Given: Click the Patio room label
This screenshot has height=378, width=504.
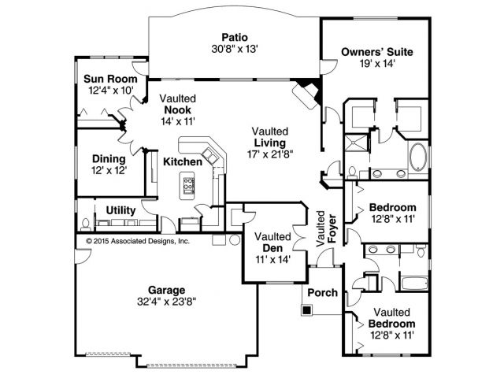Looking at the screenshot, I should (235, 36).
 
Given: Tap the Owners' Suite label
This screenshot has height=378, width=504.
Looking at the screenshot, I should (376, 53).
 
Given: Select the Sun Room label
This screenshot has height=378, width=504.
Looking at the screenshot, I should (111, 80).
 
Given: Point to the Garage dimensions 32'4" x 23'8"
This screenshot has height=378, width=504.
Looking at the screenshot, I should (165, 299).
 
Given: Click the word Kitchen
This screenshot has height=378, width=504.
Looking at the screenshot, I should (183, 162).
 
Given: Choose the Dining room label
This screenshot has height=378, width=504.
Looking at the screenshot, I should (109, 157).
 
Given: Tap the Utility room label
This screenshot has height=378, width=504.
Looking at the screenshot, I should (120, 211).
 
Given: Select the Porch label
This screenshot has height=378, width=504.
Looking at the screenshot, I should (323, 293).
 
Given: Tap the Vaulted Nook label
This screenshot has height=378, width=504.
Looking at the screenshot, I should (178, 109).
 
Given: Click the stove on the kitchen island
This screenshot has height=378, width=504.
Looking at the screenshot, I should (190, 186).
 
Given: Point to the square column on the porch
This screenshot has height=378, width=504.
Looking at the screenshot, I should (306, 310).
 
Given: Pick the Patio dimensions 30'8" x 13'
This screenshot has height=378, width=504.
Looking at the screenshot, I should (235, 49).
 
